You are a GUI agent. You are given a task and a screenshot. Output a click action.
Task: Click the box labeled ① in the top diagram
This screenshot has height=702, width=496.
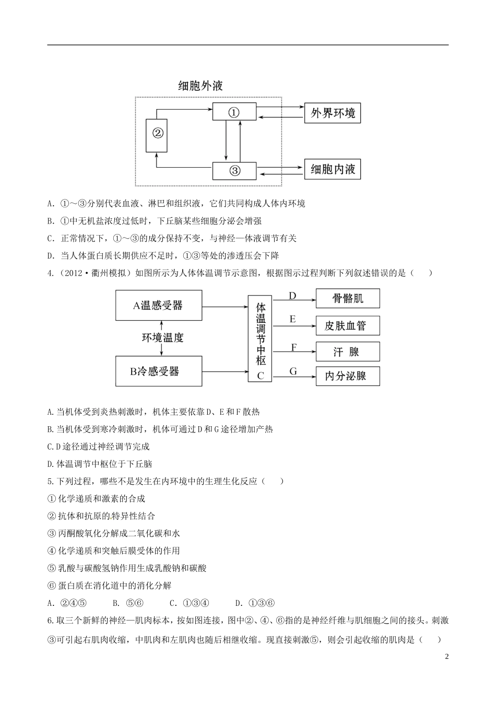[x=234, y=112]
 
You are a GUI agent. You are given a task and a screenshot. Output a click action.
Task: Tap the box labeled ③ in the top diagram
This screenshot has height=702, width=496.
[x=234, y=170]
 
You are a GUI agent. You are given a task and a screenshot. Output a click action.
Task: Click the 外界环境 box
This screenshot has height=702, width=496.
[x=333, y=113]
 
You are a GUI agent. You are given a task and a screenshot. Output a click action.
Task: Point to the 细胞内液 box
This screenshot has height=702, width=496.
[x=333, y=170]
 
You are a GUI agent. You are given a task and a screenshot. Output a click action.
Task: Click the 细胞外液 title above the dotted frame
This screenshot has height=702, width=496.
[x=200, y=86]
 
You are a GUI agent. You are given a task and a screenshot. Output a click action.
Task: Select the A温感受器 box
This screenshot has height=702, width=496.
[x=158, y=306]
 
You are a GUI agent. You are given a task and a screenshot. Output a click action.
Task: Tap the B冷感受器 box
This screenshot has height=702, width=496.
[x=158, y=371]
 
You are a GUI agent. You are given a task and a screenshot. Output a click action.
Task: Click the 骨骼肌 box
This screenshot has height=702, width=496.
[x=348, y=299]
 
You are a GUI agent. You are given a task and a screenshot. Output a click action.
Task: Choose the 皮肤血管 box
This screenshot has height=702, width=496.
[x=348, y=325]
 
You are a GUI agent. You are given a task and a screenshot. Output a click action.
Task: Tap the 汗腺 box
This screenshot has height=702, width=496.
[x=348, y=352]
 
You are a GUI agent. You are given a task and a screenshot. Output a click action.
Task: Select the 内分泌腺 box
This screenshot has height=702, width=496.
[x=348, y=376]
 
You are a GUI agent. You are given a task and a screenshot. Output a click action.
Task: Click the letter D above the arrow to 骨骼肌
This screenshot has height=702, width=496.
[x=292, y=296]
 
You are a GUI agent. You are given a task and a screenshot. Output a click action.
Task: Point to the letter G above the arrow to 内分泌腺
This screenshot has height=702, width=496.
[x=293, y=371]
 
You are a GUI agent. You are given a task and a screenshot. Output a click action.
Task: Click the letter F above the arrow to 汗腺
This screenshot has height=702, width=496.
[x=293, y=347]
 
